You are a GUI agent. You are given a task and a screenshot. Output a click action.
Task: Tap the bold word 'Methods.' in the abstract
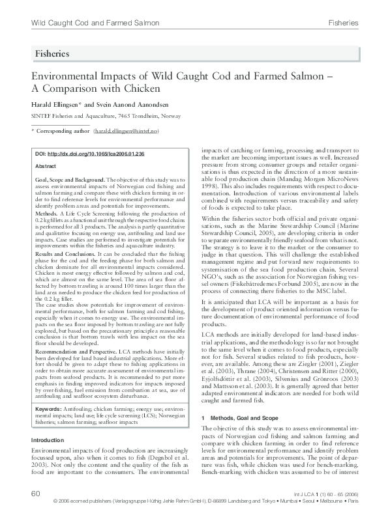click(46, 214)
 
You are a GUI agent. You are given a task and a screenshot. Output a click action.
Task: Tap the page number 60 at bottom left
click(36, 494)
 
